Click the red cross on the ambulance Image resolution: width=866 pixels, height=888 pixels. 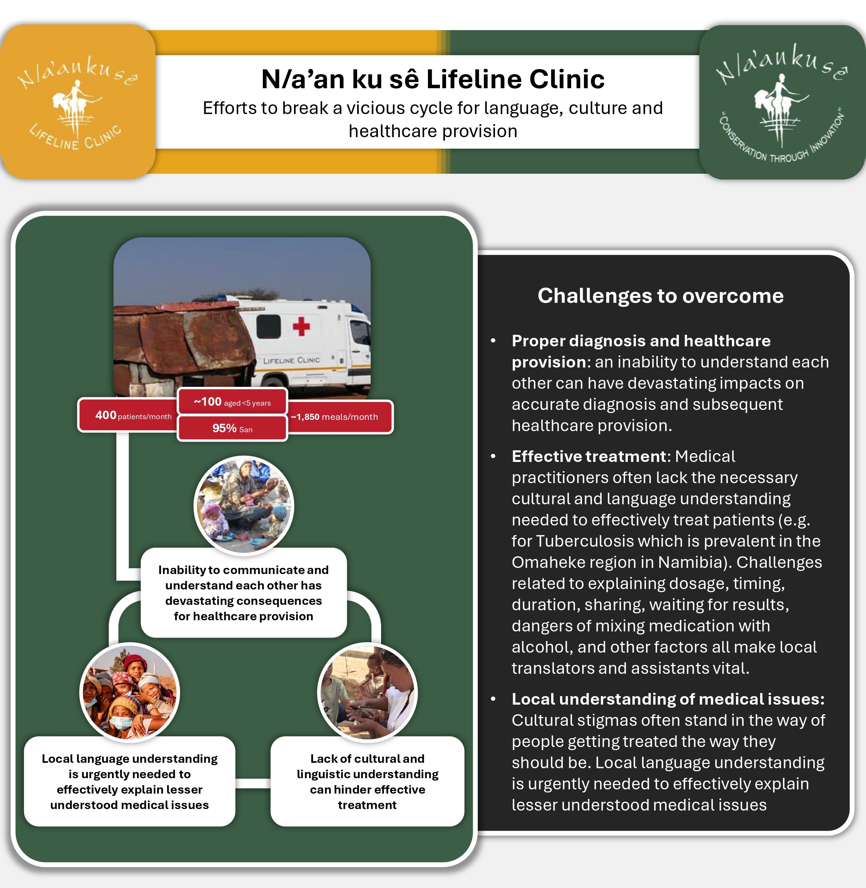pyautogui.click(x=301, y=326)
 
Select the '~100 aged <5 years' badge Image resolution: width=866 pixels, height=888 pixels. pyautogui.click(x=232, y=401)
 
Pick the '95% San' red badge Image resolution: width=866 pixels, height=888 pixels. pyautogui.click(x=232, y=428)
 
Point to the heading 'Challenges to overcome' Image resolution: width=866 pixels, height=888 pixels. pyautogui.click(x=660, y=296)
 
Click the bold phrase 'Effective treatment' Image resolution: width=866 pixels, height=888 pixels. pyautogui.click(x=589, y=457)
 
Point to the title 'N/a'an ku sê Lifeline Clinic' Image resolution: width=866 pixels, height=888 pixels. pyautogui.click(x=433, y=79)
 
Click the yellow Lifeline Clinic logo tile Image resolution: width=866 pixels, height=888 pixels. pyautogui.click(x=77, y=101)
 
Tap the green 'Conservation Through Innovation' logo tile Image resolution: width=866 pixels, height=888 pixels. pyautogui.click(x=782, y=102)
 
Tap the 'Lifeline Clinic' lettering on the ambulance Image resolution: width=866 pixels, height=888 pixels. pyautogui.click(x=291, y=360)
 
